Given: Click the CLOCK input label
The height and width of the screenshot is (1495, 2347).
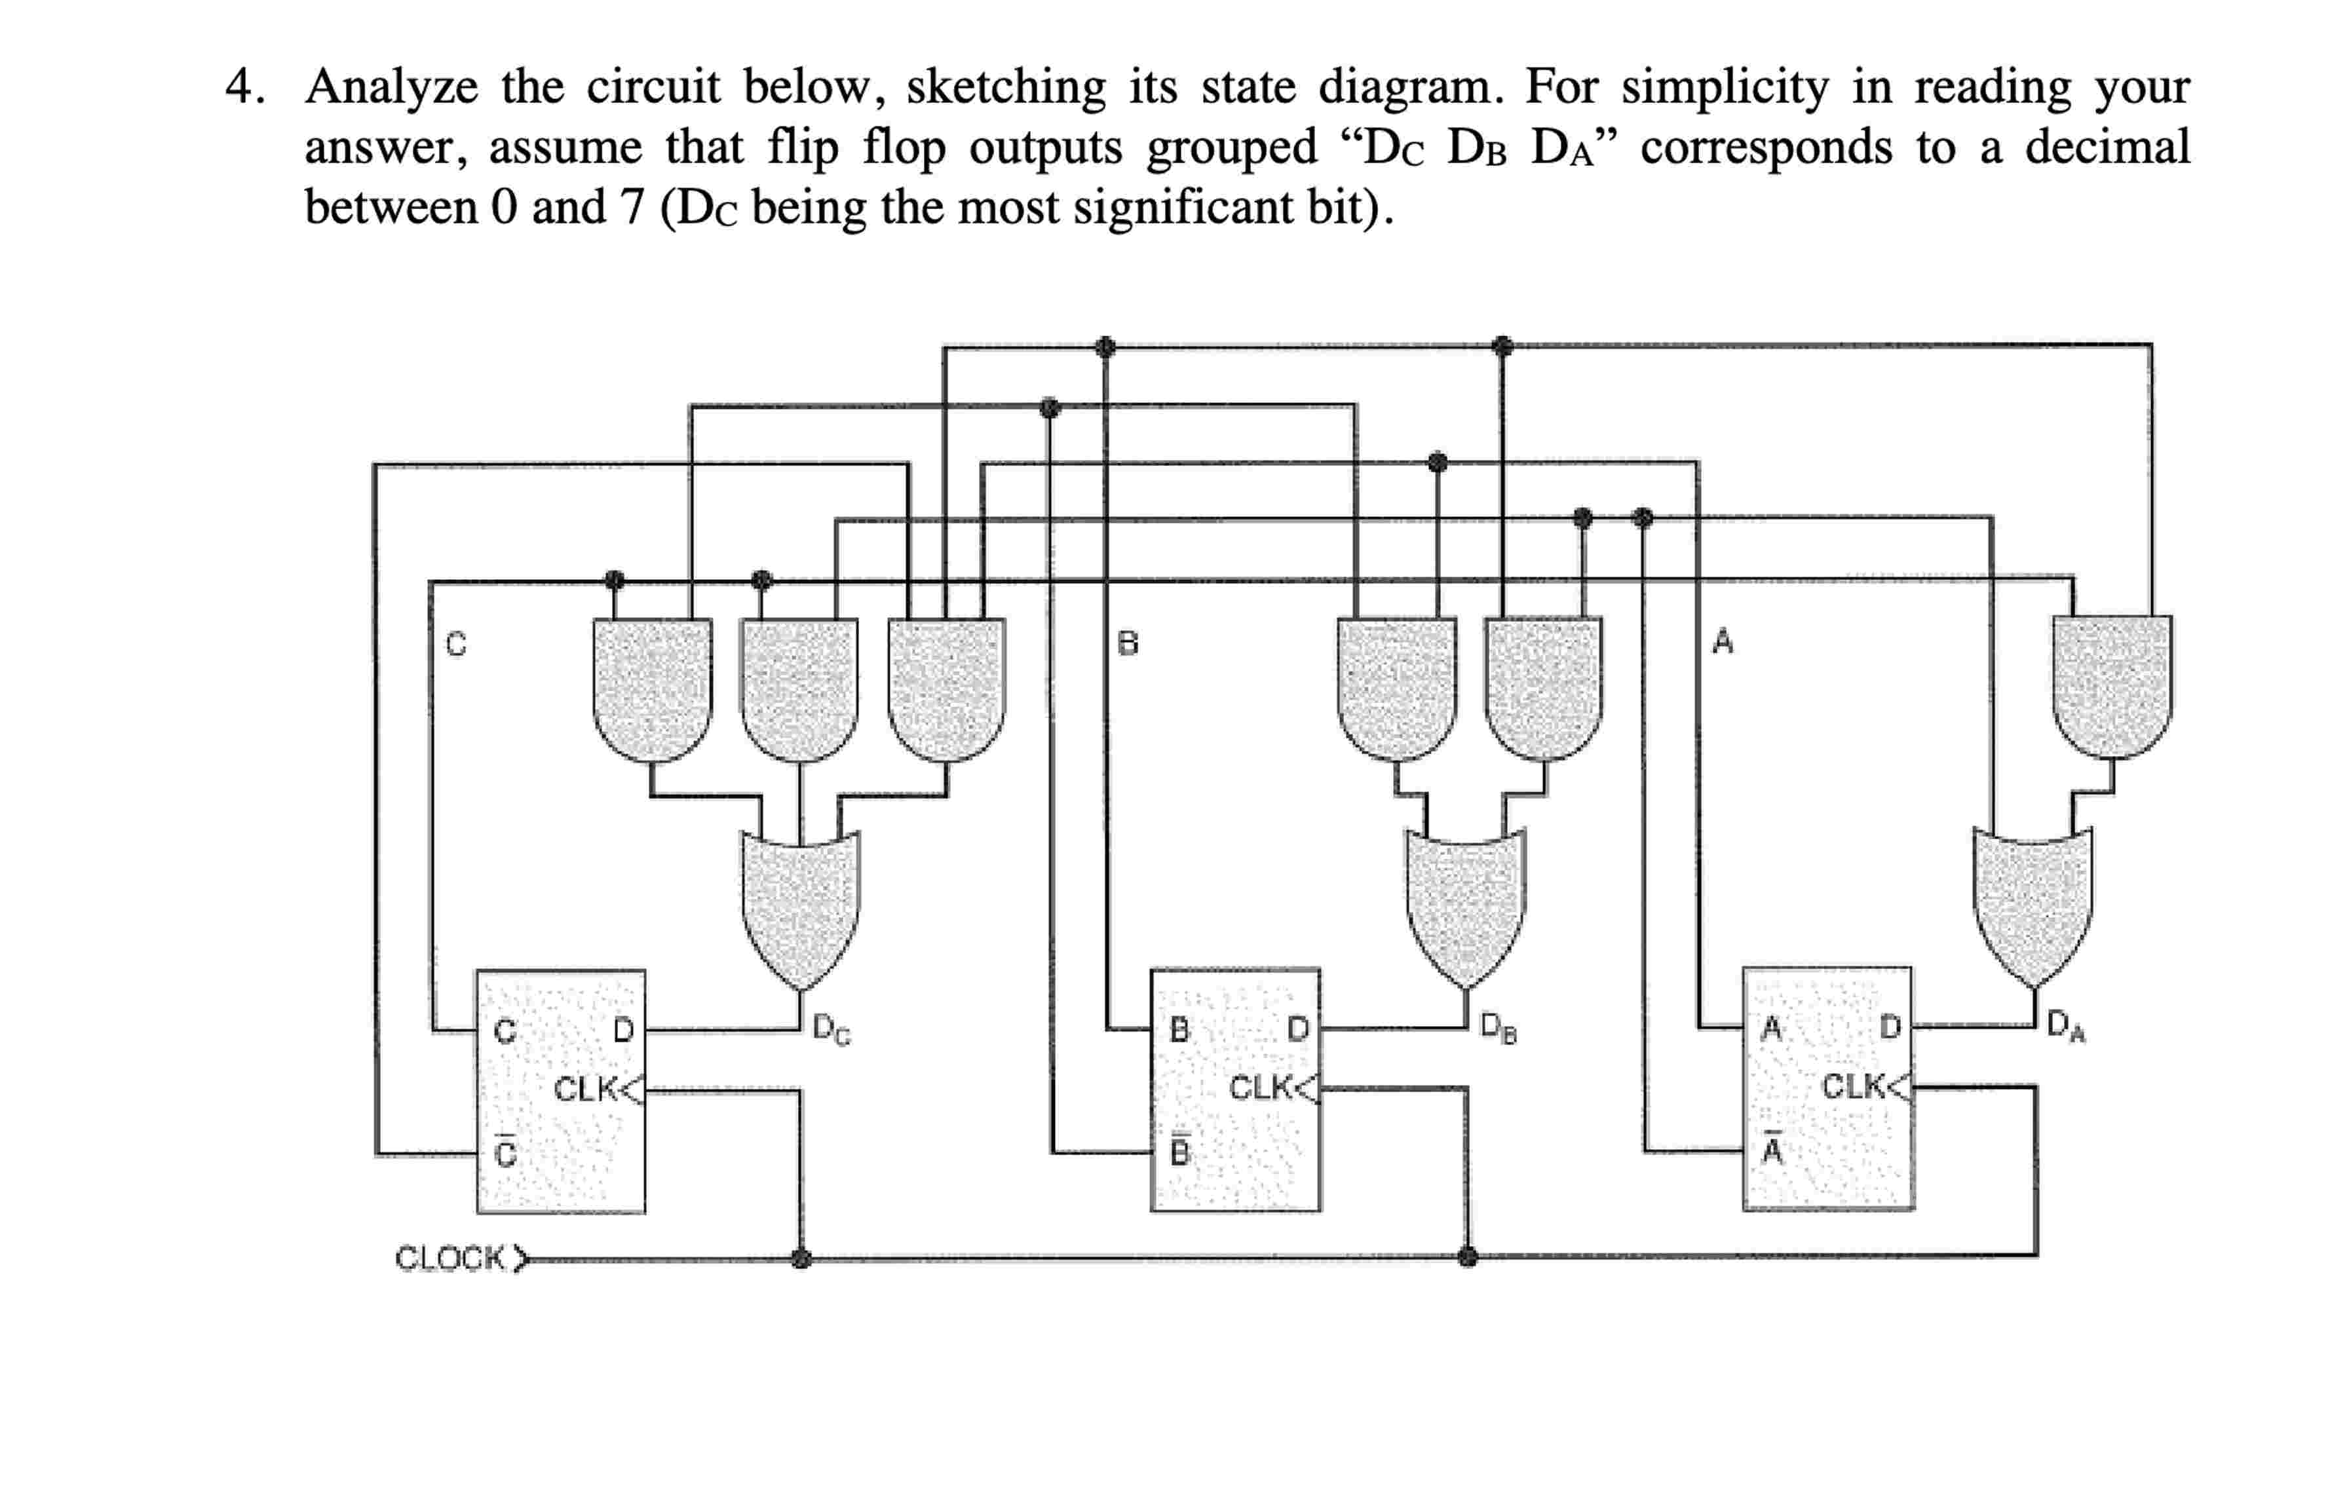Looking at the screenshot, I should [x=450, y=1258].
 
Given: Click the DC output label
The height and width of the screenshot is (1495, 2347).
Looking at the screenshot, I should [x=831, y=1029].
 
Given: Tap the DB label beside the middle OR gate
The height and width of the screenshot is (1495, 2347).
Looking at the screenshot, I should [x=1498, y=1027].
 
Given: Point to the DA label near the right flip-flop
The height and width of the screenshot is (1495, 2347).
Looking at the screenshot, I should [x=2065, y=1025].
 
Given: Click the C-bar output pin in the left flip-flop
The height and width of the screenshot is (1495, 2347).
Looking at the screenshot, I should [x=505, y=1153].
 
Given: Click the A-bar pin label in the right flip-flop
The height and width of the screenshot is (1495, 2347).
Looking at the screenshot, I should [x=1772, y=1150].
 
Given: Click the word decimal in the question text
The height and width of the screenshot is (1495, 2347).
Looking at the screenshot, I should [x=2107, y=147].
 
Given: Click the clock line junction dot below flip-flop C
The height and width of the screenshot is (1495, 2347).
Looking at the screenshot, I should [x=801, y=1258].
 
